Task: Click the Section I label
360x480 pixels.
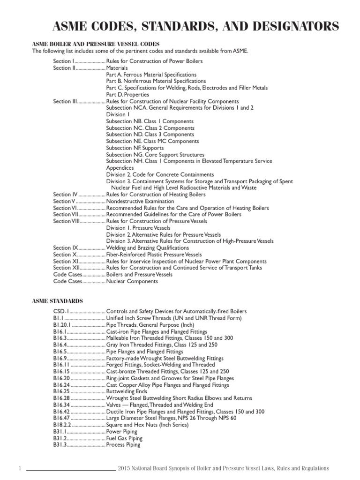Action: [x=64, y=61]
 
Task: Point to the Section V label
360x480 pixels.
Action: [x=64, y=201]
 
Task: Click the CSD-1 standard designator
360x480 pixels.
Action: [x=61, y=311]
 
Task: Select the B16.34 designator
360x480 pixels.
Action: [x=62, y=405]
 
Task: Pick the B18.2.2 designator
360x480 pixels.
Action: [x=63, y=425]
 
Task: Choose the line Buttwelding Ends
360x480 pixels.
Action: [x=127, y=391]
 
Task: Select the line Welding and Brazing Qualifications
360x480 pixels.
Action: [x=148, y=247]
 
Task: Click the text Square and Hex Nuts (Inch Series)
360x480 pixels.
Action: [x=147, y=425]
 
